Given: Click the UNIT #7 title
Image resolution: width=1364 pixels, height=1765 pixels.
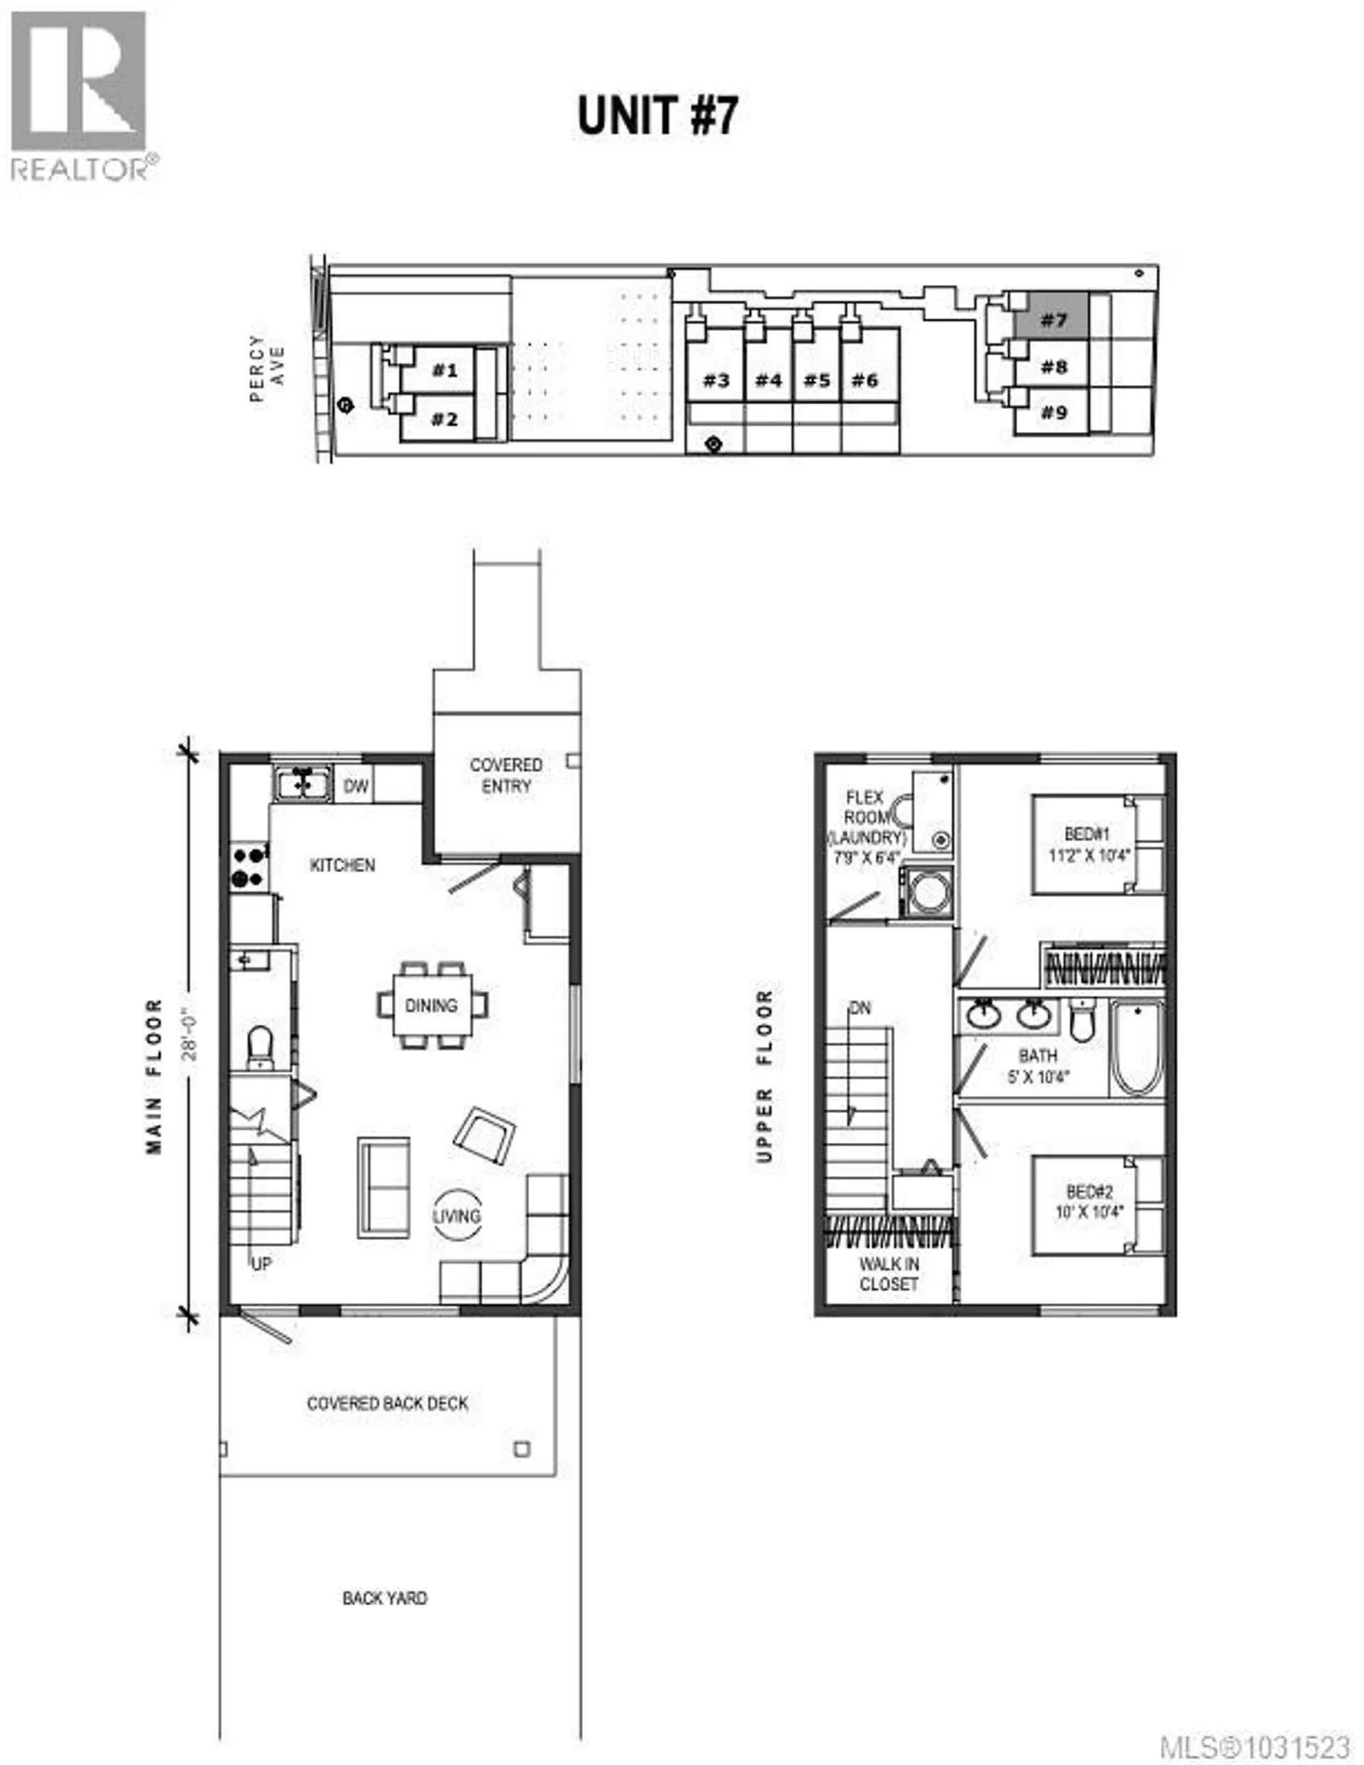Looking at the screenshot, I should click(x=657, y=116).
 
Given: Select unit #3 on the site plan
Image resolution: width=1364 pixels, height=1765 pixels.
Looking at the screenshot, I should click(x=715, y=380).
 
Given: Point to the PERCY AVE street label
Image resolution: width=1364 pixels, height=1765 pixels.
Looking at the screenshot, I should click(x=268, y=369).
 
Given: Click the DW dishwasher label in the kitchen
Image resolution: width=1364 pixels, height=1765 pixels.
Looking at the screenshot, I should click(x=356, y=786).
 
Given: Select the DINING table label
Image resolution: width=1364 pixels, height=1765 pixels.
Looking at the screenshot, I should click(x=431, y=1005).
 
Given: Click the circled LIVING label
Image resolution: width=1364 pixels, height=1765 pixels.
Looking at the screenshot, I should click(x=457, y=1215).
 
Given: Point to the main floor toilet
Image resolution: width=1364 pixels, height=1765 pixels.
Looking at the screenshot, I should click(x=259, y=1046).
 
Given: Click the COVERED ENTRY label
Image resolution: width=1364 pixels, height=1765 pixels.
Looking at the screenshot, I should click(x=506, y=775).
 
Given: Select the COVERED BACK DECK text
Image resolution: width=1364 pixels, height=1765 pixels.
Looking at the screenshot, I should click(x=387, y=1403).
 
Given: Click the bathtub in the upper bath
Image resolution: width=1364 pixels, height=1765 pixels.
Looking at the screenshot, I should click(x=1137, y=1048).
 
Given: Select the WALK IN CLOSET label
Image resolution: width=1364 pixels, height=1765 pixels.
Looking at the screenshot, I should click(x=889, y=1273).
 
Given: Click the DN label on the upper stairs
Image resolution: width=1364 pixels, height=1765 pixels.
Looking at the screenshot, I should click(x=860, y=1008).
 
